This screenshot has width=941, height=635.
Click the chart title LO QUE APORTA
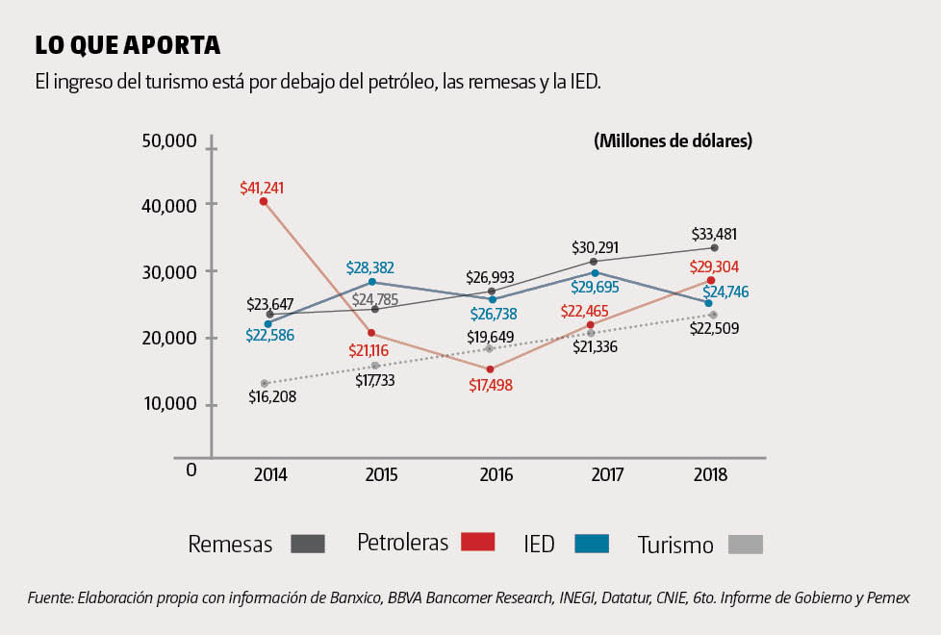[x=128, y=45]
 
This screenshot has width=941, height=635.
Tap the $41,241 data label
[x=262, y=189]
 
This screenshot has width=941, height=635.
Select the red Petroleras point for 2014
[x=264, y=202]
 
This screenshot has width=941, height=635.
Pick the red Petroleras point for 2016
[x=490, y=369]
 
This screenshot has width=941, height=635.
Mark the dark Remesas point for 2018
[x=714, y=248]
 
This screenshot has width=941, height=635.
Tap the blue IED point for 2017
[x=595, y=273]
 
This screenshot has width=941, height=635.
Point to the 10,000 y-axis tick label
[x=170, y=403]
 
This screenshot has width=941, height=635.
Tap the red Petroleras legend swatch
[x=476, y=543]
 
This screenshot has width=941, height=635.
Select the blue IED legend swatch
[x=592, y=544]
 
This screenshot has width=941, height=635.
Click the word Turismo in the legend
[x=675, y=546]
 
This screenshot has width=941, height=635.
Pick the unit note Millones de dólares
[x=674, y=141]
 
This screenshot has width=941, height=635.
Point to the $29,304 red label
[x=713, y=267]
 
